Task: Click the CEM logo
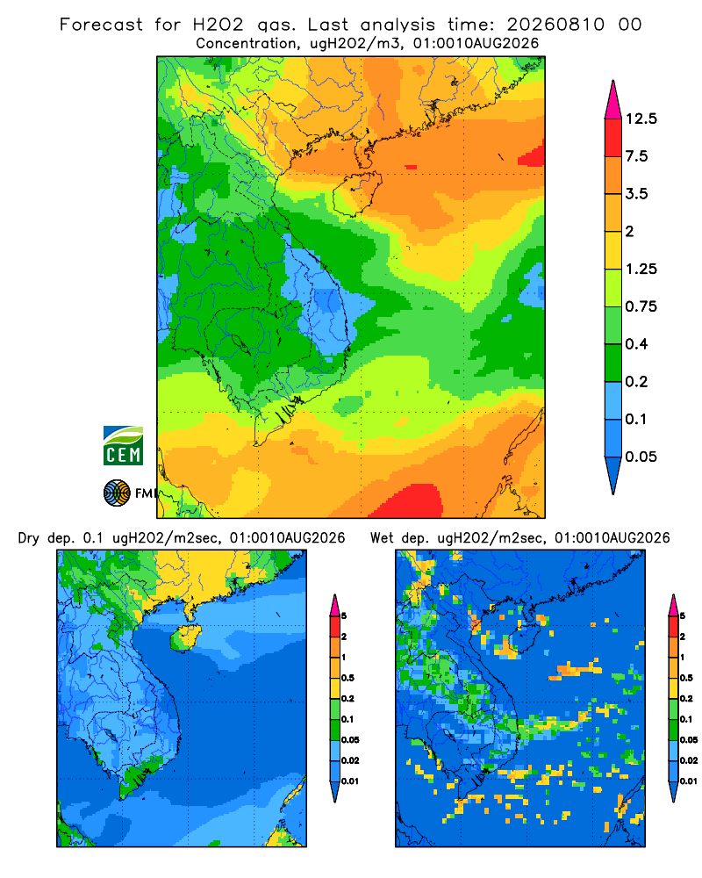point(123,445)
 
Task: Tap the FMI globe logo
point(117,493)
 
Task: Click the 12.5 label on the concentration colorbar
point(641,119)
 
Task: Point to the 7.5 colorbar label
point(636,156)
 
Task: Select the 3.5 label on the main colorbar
point(636,194)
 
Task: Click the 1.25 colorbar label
point(641,269)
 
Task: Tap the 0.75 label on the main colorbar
point(641,306)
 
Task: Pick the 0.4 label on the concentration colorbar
point(636,344)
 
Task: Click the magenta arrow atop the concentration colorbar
point(613,101)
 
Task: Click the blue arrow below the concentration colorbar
point(613,474)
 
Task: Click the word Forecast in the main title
point(101,25)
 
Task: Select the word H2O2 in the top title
point(218,25)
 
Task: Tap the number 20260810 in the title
point(555,25)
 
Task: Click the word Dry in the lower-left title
point(29,538)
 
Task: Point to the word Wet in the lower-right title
point(383,538)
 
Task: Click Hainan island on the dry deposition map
point(185,639)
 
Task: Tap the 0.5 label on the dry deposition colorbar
point(347,678)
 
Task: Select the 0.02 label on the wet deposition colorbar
point(689,760)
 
